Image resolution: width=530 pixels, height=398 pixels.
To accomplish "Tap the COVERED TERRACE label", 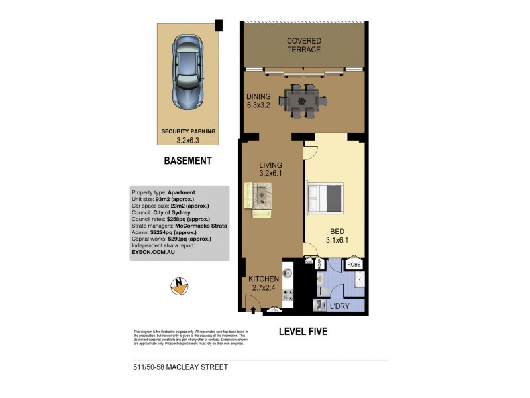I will pyautogui.click(x=303, y=45).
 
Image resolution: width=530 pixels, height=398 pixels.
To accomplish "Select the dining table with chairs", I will pyautogui.click(x=303, y=101).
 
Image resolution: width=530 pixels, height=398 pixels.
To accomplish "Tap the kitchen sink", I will pyautogui.click(x=288, y=272).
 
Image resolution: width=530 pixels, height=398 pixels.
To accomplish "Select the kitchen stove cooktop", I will pyautogui.click(x=288, y=296).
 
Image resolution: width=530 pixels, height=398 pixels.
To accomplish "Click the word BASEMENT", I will pyautogui.click(x=187, y=161).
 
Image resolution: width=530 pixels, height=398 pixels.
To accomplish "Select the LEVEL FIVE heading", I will pyautogui.click(x=303, y=331).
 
